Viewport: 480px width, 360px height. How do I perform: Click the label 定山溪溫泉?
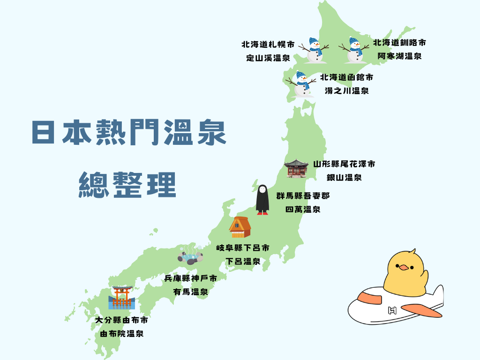[x=269, y=59]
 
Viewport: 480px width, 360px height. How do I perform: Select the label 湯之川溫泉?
[x=347, y=91]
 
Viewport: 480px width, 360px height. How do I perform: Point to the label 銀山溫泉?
[x=344, y=178]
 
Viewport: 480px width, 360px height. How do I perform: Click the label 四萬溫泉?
[x=303, y=210]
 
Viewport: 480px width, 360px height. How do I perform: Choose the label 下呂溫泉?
[x=243, y=262]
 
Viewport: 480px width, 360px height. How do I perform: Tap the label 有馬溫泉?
[x=190, y=292]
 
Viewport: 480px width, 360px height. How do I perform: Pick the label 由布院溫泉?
[x=121, y=334]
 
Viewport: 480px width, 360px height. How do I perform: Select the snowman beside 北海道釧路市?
[x=355, y=49]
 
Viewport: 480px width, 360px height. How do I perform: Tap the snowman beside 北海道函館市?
[x=302, y=84]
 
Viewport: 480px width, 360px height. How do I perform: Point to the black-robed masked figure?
[x=262, y=200]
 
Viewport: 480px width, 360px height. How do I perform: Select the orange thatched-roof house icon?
[x=240, y=227]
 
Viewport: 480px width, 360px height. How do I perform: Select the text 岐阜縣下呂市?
[x=243, y=247]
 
